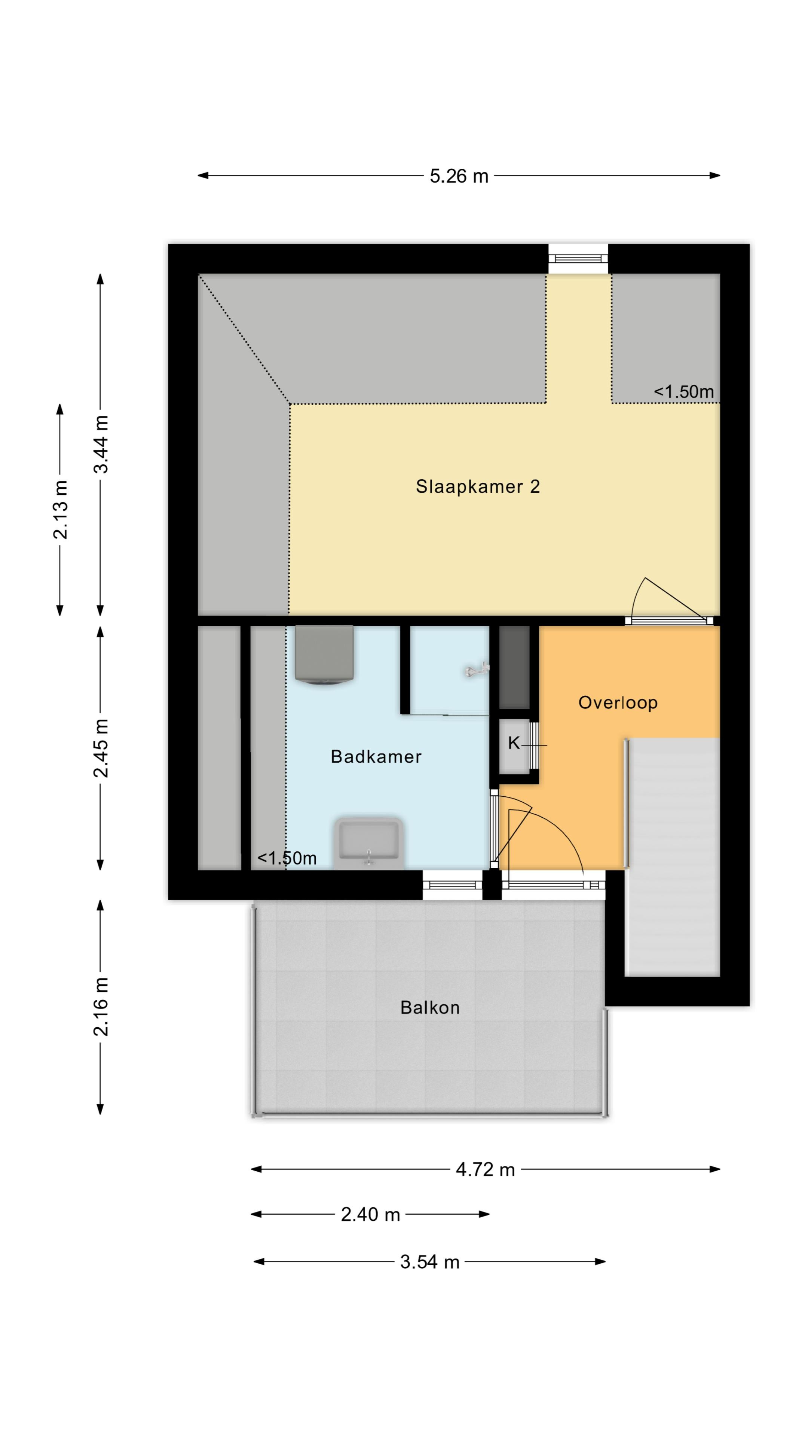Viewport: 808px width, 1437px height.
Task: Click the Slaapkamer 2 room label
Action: tap(478, 486)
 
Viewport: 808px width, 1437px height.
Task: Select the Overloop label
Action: tap(618, 702)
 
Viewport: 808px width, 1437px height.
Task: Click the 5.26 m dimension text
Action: tap(459, 176)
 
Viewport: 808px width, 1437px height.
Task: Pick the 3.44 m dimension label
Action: tap(101, 444)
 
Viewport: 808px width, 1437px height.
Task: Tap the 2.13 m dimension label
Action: tap(60, 510)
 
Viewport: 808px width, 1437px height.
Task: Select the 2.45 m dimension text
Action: tap(101, 748)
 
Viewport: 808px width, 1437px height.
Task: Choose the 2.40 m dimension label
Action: tap(370, 1214)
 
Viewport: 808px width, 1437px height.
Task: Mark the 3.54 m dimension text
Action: tap(429, 1262)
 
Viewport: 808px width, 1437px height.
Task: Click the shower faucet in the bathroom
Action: tap(477, 669)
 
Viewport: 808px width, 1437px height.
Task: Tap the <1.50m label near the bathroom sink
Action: tap(287, 858)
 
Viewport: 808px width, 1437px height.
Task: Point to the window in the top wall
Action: tap(578, 258)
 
